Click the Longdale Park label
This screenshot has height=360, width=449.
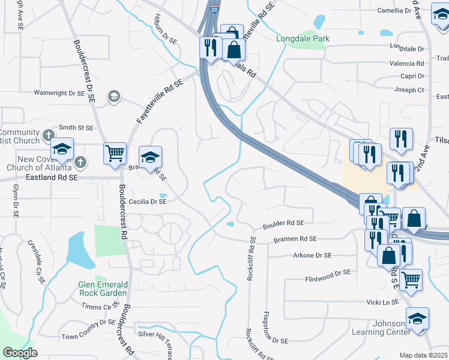(303, 39)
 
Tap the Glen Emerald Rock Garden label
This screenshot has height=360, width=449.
(103, 289)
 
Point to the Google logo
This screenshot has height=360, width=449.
(20, 353)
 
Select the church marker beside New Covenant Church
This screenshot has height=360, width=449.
(81, 162)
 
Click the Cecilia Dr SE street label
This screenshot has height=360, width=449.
(144, 202)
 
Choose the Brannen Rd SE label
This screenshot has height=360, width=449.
(295, 239)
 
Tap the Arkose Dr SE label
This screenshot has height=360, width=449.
(312, 256)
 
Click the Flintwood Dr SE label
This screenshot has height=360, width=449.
(327, 273)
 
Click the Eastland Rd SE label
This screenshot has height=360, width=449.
(52, 178)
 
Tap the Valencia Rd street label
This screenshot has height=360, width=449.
(406, 64)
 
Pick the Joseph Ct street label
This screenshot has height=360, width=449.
(409, 90)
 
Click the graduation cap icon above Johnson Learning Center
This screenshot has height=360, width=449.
(417, 319)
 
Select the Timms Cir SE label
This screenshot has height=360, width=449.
(99, 306)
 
